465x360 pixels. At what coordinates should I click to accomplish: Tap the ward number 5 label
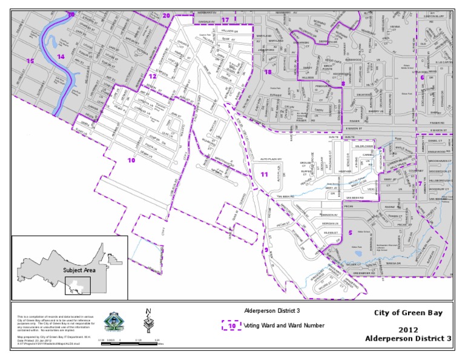coord(351,233)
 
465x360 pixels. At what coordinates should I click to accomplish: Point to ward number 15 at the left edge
coord(30,61)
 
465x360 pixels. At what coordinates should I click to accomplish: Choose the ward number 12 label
coord(153,77)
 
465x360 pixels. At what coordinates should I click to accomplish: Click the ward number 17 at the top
coord(225,19)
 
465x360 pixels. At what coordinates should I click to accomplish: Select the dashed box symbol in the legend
coord(231,325)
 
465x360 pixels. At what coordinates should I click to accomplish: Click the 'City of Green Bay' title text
coord(408,313)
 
